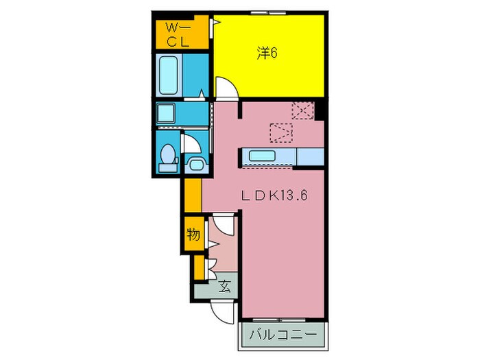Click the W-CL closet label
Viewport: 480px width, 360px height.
(178, 35)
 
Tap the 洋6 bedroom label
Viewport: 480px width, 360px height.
(267, 53)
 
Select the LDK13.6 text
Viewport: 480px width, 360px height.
(274, 195)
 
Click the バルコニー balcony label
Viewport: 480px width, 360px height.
(283, 335)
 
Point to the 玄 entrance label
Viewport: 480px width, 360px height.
(224, 287)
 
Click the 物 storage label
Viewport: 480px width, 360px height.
(193, 235)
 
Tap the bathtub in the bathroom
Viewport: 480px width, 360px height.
(169, 75)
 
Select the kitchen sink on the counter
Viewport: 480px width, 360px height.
(262, 156)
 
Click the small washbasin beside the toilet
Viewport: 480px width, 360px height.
(196, 165)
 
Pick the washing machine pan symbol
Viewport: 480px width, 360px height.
(166, 113)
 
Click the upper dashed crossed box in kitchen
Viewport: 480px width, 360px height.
(303, 110)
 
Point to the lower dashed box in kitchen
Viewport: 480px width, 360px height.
(281, 132)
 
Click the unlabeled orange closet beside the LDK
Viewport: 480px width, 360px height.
(193, 195)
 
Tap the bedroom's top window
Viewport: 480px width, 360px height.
(268, 13)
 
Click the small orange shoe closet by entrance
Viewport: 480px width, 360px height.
(199, 267)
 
